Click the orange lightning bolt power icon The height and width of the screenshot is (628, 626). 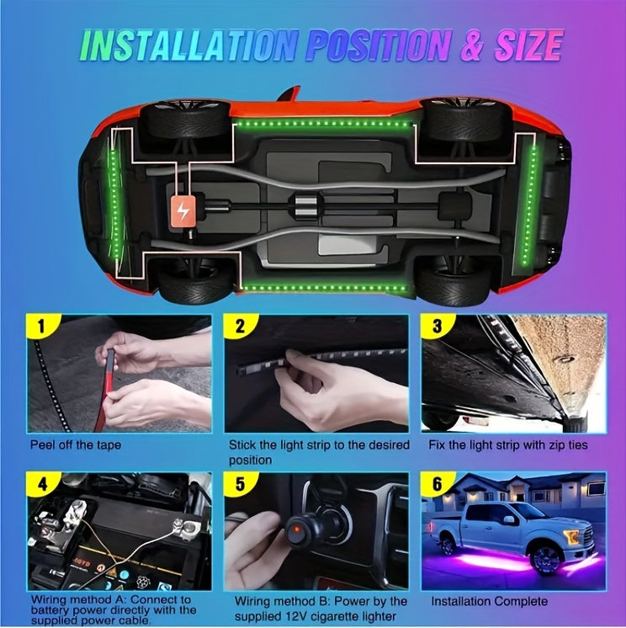pos(183,210)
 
